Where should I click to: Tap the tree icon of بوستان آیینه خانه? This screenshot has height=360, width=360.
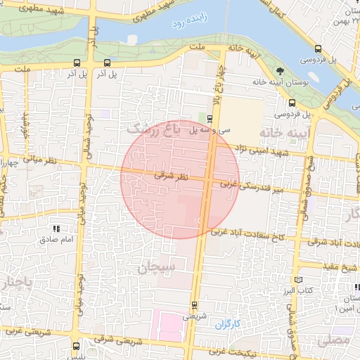281,71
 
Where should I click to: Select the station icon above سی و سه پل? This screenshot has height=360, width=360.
210,117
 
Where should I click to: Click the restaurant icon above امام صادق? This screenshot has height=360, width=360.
56,229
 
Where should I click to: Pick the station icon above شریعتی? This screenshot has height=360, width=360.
194,305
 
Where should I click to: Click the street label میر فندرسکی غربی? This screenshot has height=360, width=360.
250,186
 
